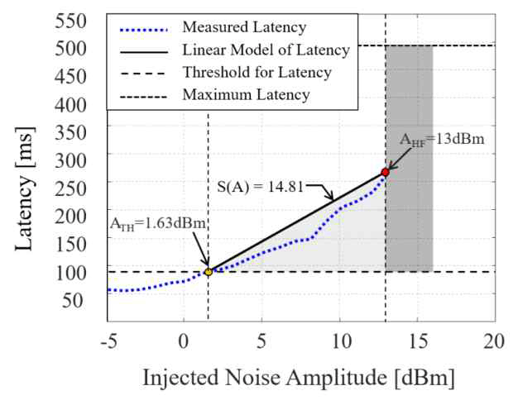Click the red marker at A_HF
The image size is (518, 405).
coord(385,172)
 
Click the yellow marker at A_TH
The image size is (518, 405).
coord(209,271)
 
